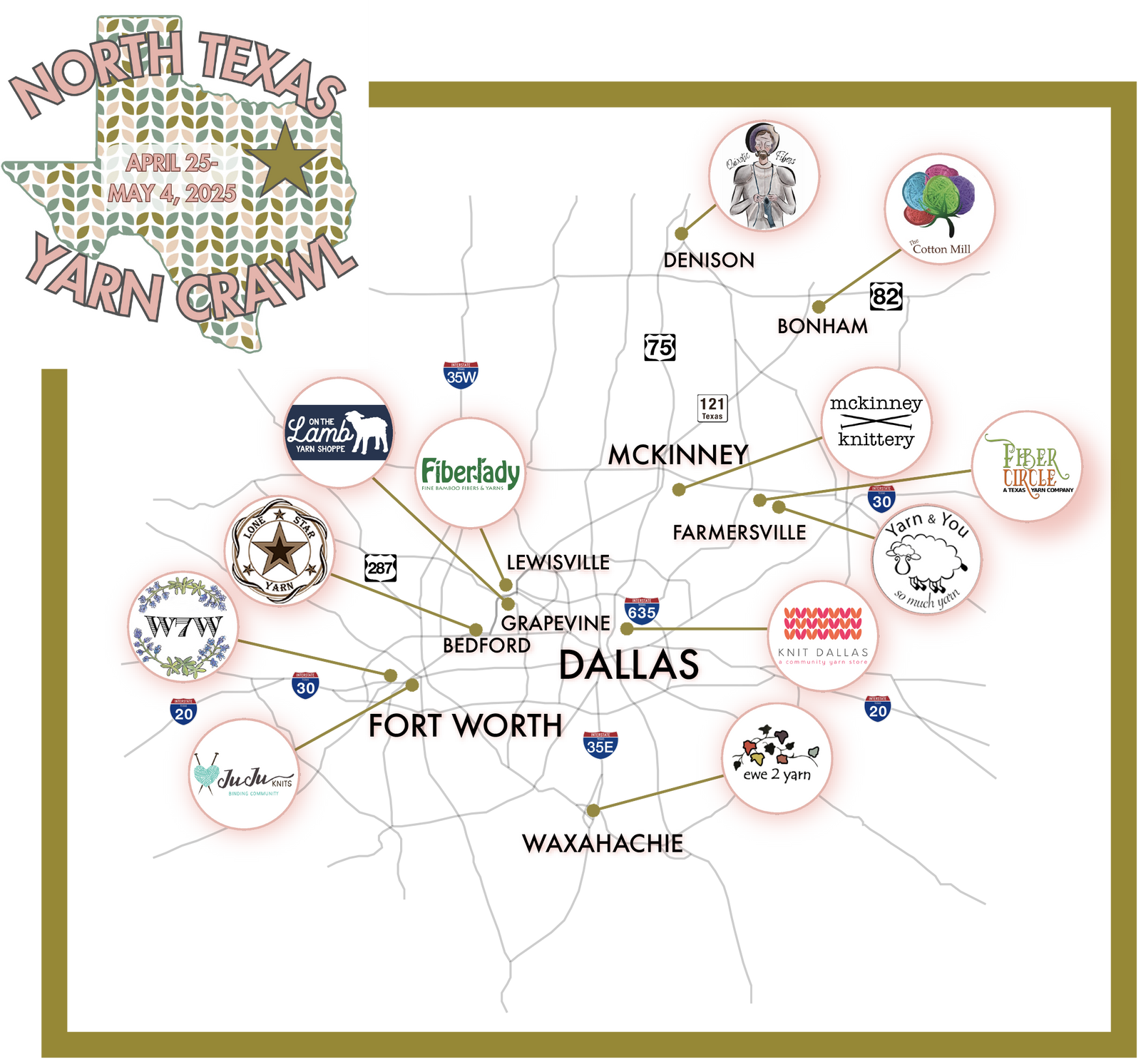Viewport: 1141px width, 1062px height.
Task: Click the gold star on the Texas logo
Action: (x=286, y=161)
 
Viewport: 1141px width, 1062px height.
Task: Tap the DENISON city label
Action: (x=708, y=260)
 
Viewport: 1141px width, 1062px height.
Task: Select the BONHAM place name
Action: (x=822, y=326)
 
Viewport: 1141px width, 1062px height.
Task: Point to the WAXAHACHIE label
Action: (x=603, y=843)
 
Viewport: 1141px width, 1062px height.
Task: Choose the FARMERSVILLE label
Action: (x=740, y=532)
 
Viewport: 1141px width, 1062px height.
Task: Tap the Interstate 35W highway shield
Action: (x=461, y=375)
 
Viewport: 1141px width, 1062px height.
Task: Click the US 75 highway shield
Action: (x=660, y=347)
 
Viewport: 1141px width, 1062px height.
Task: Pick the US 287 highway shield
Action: (x=381, y=568)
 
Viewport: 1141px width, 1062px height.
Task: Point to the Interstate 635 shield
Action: (x=642, y=611)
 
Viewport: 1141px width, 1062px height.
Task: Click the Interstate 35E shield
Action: (x=600, y=745)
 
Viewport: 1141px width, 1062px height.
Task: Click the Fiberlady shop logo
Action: (x=471, y=473)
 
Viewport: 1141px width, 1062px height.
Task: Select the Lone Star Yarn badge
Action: (x=280, y=551)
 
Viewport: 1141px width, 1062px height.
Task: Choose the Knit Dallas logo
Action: (x=823, y=635)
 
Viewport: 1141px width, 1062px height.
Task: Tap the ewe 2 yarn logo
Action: (x=777, y=758)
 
